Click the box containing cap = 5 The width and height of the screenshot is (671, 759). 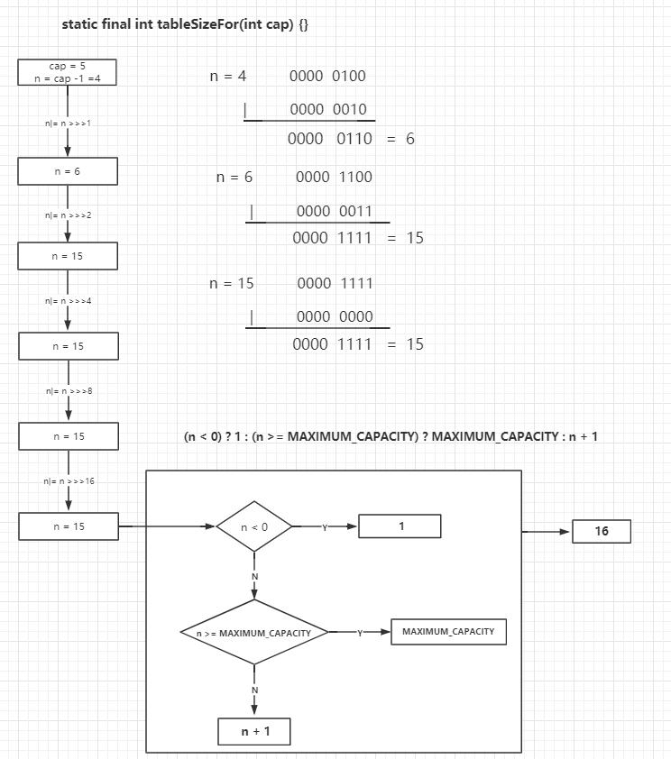click(68, 72)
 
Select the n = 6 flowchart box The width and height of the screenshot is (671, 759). click(68, 171)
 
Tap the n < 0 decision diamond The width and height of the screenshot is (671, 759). click(254, 526)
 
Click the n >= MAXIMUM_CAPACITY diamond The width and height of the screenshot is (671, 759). click(254, 632)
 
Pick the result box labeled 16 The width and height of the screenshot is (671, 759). click(602, 532)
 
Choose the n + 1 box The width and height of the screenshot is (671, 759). click(254, 731)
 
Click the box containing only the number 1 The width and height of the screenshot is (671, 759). click(400, 526)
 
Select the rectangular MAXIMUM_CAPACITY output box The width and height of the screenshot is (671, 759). click(449, 632)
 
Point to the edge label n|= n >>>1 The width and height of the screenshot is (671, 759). click(68, 123)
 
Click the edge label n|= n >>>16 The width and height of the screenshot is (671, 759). click(69, 481)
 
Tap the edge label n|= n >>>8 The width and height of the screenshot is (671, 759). click(69, 391)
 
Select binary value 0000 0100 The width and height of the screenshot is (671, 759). click(327, 76)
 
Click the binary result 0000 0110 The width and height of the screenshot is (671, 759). click(330, 139)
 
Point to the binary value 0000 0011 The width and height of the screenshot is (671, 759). click(335, 211)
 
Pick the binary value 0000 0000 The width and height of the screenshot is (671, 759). click(335, 316)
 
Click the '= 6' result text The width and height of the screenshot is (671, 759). click(400, 139)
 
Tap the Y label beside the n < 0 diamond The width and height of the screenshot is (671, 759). click(325, 527)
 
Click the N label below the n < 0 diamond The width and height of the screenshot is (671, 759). click(255, 577)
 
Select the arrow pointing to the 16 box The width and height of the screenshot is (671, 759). click(547, 532)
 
